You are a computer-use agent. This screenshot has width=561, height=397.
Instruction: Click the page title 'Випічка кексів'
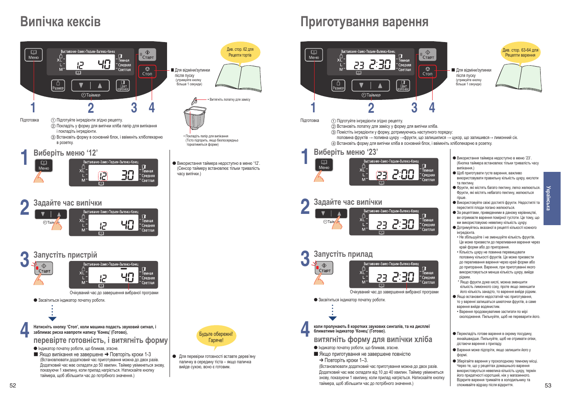(60, 22)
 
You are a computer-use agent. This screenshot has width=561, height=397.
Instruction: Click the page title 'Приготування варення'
(364, 22)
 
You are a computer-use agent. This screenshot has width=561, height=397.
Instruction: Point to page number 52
(13, 385)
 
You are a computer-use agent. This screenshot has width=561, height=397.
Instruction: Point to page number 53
(548, 385)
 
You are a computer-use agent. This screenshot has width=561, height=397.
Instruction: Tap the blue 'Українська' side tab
(552, 198)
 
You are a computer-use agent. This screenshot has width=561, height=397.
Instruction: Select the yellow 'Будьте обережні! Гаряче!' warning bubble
(216, 337)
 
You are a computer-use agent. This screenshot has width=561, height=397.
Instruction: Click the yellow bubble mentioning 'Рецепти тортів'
(240, 52)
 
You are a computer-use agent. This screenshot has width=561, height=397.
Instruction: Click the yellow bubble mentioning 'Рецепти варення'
(520, 52)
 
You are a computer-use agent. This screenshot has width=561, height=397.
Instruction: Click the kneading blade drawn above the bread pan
(194, 101)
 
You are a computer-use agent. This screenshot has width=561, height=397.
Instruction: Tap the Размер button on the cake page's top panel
(58, 86)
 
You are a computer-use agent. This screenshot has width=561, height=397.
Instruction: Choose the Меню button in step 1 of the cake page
(44, 166)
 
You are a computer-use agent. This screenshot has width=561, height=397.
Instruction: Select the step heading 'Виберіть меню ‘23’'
(345, 152)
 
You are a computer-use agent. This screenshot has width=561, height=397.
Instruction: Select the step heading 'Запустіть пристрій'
(65, 255)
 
